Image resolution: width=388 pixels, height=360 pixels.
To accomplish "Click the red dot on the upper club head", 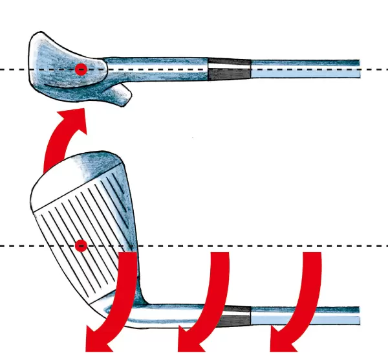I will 80,69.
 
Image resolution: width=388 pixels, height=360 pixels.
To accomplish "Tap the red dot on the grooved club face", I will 80,245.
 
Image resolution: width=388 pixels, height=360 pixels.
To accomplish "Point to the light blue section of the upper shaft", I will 304,69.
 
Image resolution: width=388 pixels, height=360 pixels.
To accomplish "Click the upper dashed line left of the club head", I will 13,69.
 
